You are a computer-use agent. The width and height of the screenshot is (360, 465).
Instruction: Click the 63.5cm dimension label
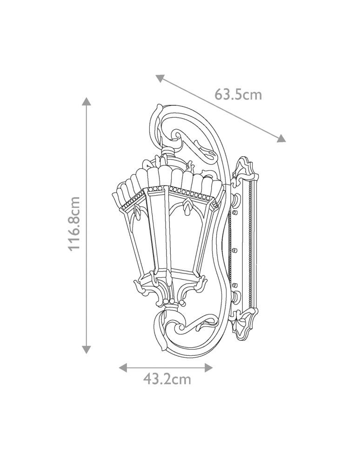(x=238, y=95)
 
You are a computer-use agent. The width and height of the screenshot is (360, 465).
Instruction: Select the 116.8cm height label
(x=74, y=224)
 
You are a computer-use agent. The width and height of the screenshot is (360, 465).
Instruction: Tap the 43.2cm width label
(x=167, y=379)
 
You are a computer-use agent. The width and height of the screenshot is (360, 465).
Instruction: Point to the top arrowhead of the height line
(x=87, y=102)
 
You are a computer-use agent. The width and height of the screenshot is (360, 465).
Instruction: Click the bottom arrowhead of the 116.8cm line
(x=87, y=349)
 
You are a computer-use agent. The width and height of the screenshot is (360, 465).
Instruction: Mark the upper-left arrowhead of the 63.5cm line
(x=160, y=78)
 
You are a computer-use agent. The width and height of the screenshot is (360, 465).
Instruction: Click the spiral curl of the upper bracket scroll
(x=177, y=136)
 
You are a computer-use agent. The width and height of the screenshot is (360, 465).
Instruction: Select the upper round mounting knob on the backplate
(x=236, y=201)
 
